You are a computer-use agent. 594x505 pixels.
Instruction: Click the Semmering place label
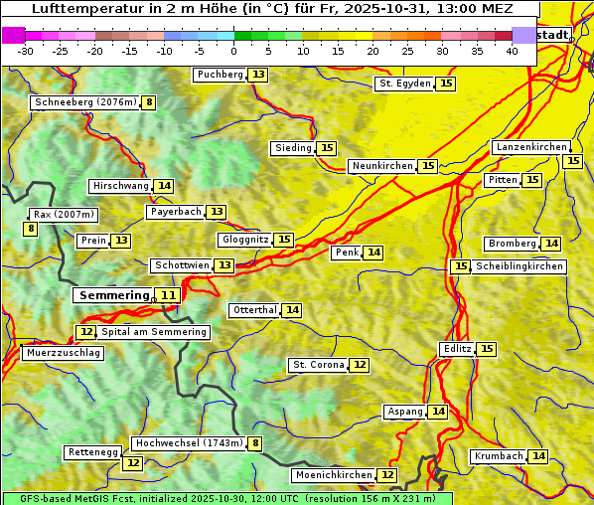click(x=112, y=295)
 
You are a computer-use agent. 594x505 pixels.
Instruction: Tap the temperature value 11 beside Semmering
click(x=169, y=295)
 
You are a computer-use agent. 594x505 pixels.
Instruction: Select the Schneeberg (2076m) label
click(x=84, y=102)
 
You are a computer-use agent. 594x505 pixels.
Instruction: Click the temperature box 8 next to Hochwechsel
click(x=255, y=443)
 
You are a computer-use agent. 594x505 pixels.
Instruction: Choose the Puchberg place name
click(x=220, y=75)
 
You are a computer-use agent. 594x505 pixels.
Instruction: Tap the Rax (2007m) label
click(x=64, y=215)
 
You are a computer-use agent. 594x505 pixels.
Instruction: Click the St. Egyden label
click(x=404, y=84)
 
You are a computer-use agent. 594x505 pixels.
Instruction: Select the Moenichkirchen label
click(x=334, y=475)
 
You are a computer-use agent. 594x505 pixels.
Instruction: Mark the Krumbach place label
click(x=498, y=456)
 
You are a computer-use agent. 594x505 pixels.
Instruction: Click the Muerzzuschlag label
click(x=62, y=353)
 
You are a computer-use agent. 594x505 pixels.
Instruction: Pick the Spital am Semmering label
click(x=154, y=332)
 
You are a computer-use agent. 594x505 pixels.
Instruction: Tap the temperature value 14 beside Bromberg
click(x=551, y=244)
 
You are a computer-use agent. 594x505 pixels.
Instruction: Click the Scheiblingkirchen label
click(x=519, y=266)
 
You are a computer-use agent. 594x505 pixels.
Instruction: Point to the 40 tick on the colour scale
click(x=512, y=51)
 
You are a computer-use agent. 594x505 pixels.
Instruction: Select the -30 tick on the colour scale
click(x=26, y=51)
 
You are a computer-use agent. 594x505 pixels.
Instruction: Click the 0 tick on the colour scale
click(x=233, y=51)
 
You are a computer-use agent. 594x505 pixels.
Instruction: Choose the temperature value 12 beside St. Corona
click(x=360, y=365)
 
